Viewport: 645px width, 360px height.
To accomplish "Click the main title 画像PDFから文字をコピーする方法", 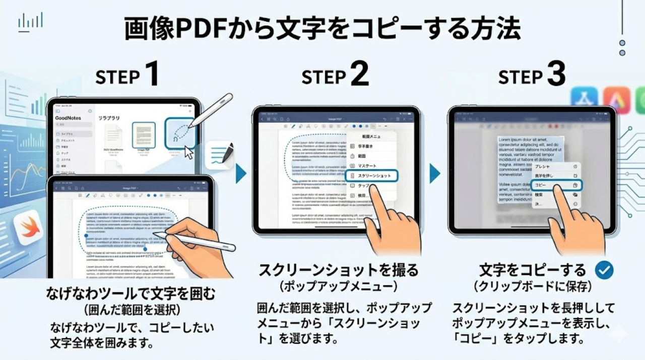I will pyautogui.click(x=322, y=30).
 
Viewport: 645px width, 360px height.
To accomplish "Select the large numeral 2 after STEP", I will pyautogui.click(x=359, y=75).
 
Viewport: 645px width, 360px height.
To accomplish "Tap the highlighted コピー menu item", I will pyautogui.click(x=556, y=186).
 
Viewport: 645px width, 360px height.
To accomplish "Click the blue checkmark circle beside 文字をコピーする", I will pyautogui.click(x=604, y=270).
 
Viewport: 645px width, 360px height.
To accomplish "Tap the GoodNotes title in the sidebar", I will pyautogui.click(x=68, y=118).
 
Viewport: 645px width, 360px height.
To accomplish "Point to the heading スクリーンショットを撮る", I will pyautogui.click(x=338, y=271).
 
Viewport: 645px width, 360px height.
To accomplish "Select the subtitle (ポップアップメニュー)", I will pyautogui.click(x=338, y=287).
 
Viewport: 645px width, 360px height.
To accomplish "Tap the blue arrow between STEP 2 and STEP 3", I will pyautogui.click(x=434, y=173).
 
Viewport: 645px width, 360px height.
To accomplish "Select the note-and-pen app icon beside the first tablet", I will pyautogui.click(x=220, y=155).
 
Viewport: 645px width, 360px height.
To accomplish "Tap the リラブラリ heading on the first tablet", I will pyautogui.click(x=109, y=118).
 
